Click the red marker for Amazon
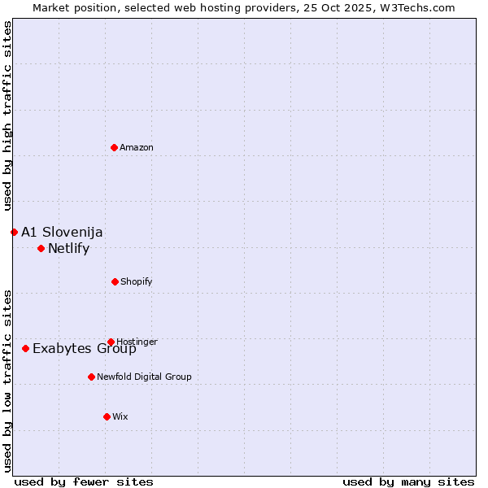[x=115, y=147]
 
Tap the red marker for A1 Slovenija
[x=14, y=232]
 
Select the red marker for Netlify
[x=41, y=248]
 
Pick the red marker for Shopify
[x=115, y=281]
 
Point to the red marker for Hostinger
[x=111, y=342]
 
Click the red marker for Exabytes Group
[x=25, y=348]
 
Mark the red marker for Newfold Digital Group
[x=91, y=377]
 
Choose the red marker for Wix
[x=107, y=416]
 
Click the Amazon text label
[x=137, y=148]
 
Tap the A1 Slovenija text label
[x=62, y=233]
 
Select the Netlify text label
[x=68, y=249]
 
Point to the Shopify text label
[x=136, y=282]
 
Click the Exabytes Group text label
[x=85, y=349]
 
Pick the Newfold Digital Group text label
[x=144, y=377]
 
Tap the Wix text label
[x=120, y=417]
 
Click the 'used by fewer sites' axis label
[x=84, y=481]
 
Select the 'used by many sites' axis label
[x=408, y=481]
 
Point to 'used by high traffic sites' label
[x=7, y=116]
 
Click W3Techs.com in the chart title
[x=418, y=7]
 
